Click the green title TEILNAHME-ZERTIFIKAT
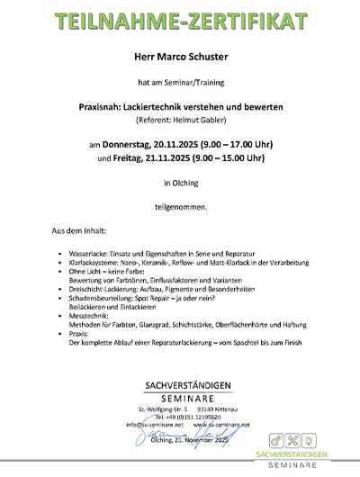[180, 19]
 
